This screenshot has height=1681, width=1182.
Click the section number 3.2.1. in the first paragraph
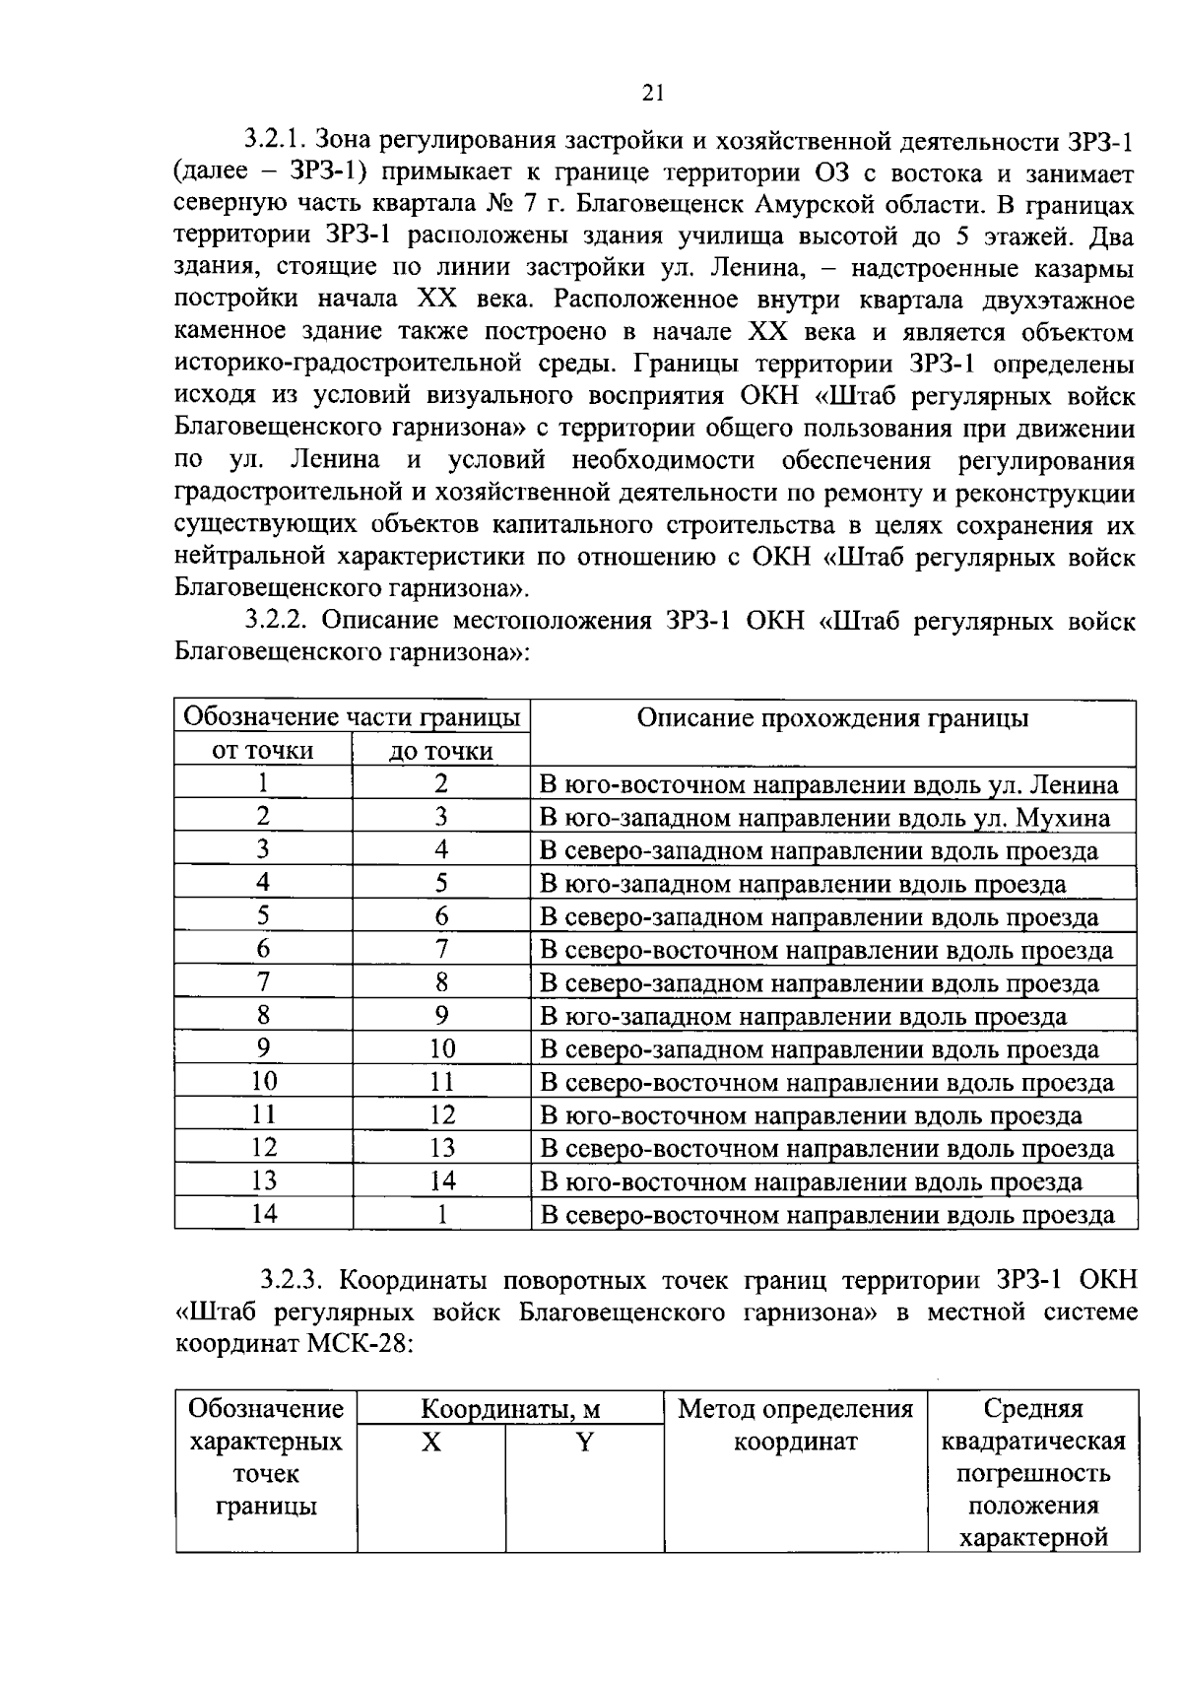point(279,142)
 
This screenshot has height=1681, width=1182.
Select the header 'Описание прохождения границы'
point(832,718)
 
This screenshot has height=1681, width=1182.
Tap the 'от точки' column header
point(263,751)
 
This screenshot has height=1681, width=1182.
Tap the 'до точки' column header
point(441,751)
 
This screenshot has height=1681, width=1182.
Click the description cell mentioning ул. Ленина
point(829,785)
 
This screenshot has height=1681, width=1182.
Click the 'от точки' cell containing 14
point(263,1214)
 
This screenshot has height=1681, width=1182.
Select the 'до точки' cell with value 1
point(441,1214)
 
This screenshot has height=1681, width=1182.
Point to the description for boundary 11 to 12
point(811,1115)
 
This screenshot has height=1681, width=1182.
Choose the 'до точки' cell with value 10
point(441,1049)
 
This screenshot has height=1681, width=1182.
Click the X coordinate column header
point(431,1443)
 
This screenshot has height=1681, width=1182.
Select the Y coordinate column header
point(584,1443)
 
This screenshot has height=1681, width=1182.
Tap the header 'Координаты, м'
point(509,1410)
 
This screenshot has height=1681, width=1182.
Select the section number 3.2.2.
point(279,622)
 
